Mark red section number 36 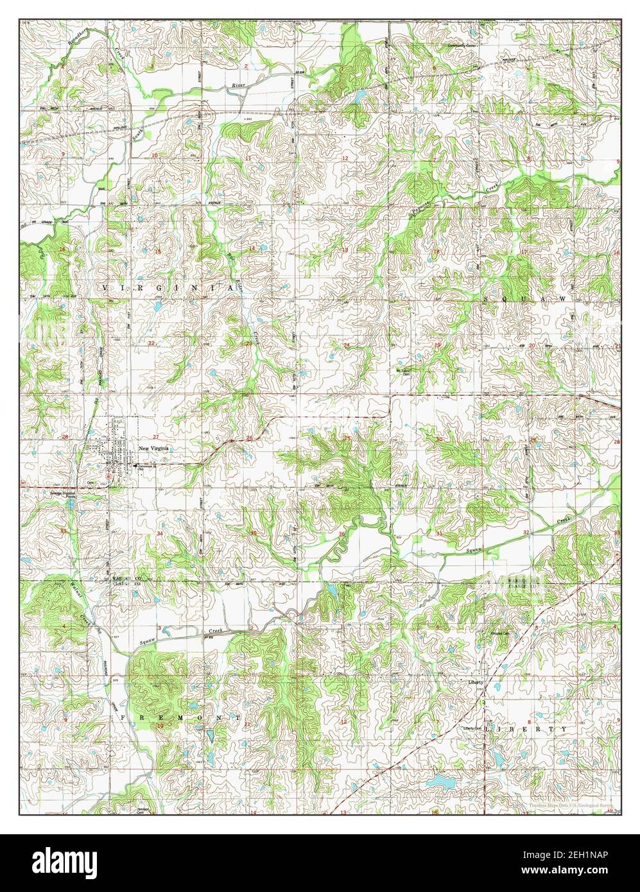coord(342,534)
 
